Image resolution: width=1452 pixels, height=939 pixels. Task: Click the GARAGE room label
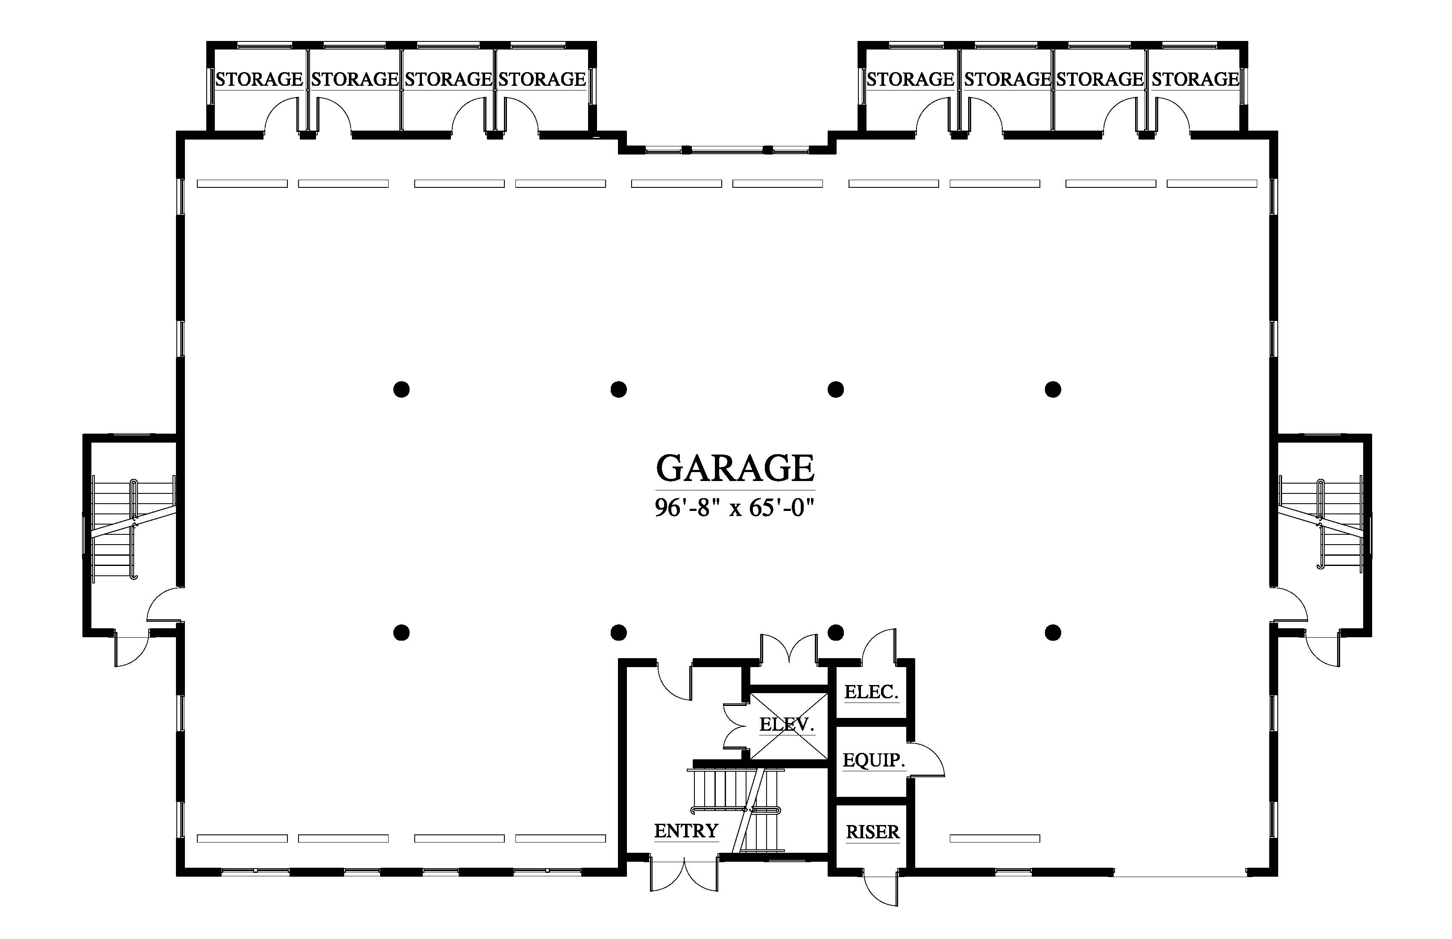click(735, 468)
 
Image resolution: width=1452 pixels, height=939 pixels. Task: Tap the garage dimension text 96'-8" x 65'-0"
click(735, 507)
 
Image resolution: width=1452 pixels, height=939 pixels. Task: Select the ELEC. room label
click(871, 691)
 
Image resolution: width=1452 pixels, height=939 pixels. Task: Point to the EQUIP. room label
click(874, 760)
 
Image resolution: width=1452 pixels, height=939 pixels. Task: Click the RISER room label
click(872, 832)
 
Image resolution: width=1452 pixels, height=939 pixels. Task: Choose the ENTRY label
click(686, 831)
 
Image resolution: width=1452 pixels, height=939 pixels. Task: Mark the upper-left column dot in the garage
click(401, 389)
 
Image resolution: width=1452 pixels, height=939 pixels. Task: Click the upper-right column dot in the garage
click(1053, 389)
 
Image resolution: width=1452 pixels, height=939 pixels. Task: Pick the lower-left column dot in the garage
click(401, 633)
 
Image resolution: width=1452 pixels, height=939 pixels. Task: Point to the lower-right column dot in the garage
click(1053, 633)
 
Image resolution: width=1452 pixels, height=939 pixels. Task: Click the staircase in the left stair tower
click(133, 528)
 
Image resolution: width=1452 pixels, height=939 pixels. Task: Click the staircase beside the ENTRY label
click(737, 810)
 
